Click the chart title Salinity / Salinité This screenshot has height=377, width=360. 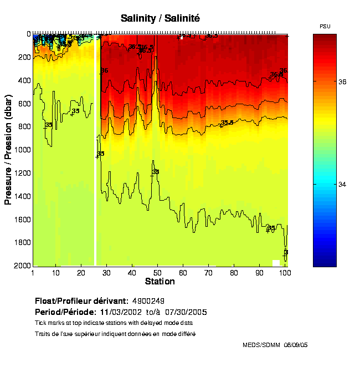click(160, 18)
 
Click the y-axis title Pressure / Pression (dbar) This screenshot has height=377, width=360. click(8, 150)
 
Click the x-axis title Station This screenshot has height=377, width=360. click(160, 282)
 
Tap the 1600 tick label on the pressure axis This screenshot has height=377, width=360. click(23, 220)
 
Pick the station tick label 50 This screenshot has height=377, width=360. click(158, 273)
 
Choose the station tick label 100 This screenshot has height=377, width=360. click(284, 273)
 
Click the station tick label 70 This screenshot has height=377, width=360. click(209, 273)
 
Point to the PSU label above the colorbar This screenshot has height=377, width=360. click(326, 26)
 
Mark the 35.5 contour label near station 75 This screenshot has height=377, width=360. click(227, 123)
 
